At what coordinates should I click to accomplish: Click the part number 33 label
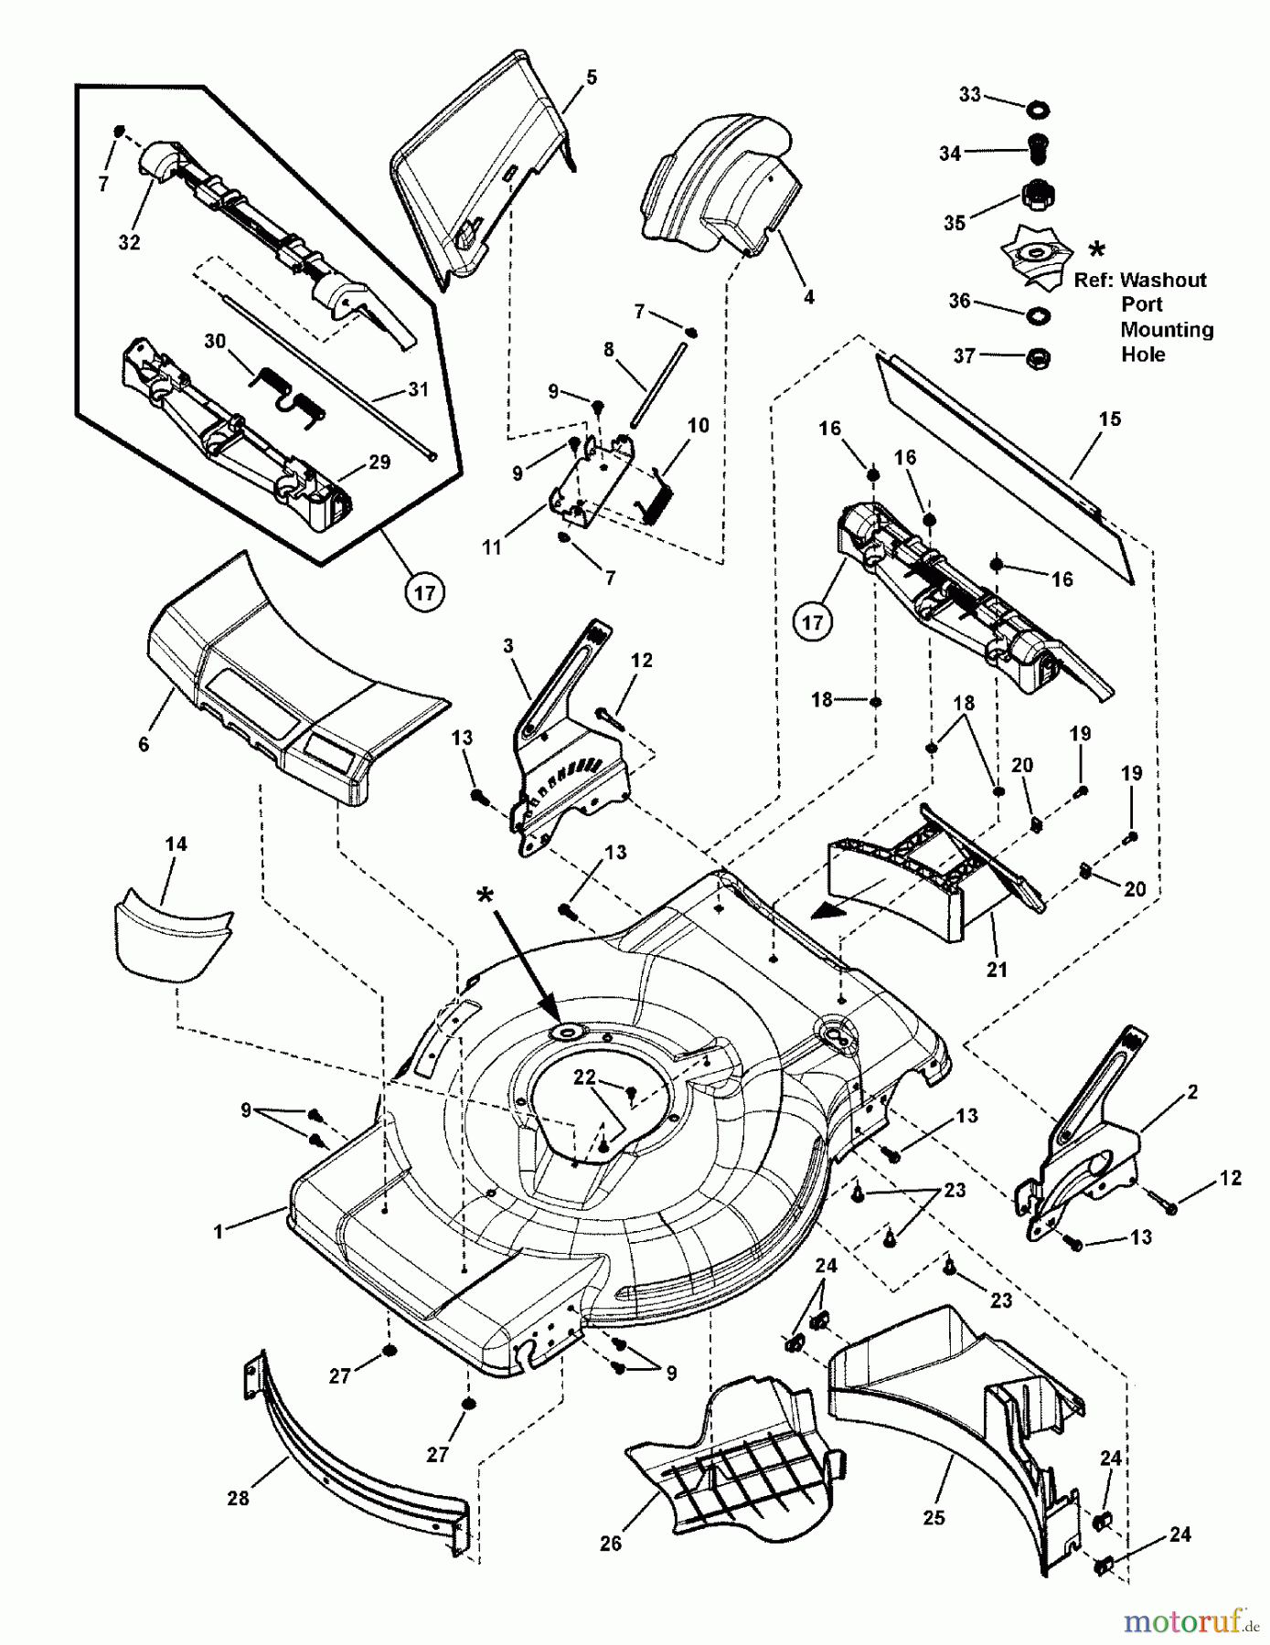[x=969, y=94]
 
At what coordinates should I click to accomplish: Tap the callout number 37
[x=965, y=355]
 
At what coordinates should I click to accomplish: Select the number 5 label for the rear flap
[x=592, y=77]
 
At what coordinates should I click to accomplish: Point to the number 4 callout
[x=808, y=297]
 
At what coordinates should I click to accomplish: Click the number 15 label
[x=1110, y=419]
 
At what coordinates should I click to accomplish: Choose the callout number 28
[x=238, y=1498]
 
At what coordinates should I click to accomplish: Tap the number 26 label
[x=611, y=1543]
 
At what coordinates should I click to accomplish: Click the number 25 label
[x=934, y=1517]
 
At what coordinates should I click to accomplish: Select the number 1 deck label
[x=219, y=1232]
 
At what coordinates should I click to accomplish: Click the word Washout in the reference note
[x=1163, y=280]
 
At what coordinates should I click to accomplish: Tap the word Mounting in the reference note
[x=1167, y=329]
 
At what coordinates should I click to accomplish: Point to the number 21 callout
[x=997, y=969]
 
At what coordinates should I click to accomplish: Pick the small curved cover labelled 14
[x=171, y=941]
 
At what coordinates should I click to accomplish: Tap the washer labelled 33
[x=1038, y=111]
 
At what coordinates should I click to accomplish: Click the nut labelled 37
[x=1038, y=356]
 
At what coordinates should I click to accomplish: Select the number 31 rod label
[x=418, y=389]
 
